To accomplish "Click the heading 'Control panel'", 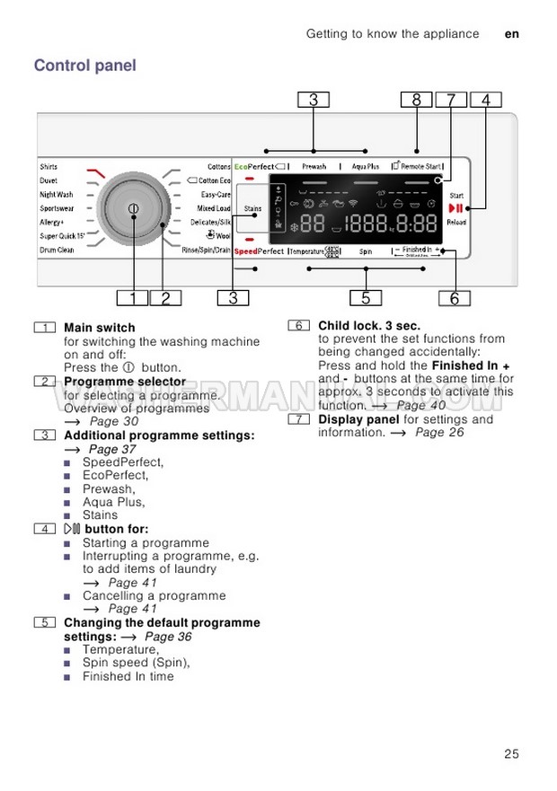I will (x=84, y=66).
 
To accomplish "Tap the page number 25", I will (x=511, y=754).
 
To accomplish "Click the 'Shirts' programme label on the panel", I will (x=49, y=167).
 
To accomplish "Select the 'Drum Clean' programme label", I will (x=57, y=250).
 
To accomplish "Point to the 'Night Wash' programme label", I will (x=56, y=194).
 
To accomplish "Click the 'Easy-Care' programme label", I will (x=216, y=194).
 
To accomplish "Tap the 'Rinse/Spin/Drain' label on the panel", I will (x=207, y=250).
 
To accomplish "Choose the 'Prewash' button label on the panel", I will (x=314, y=167).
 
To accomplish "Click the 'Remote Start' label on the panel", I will (x=417, y=167).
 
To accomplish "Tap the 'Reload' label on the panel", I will (x=456, y=222).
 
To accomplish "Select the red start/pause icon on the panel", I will (x=455, y=208).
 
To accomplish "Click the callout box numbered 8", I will (x=416, y=101).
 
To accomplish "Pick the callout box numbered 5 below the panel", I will (x=366, y=299).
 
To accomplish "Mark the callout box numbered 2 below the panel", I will (x=165, y=299).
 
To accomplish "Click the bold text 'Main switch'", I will (x=100, y=328).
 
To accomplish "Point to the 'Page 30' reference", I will (x=114, y=421).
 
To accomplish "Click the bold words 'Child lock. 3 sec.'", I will (x=369, y=326).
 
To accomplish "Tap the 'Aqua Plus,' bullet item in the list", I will (x=113, y=502).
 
